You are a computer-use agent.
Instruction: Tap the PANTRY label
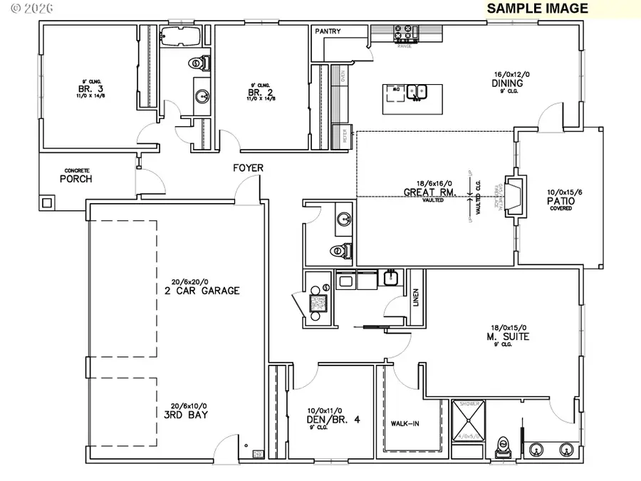[x=329, y=31]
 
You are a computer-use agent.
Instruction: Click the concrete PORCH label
[x=75, y=178]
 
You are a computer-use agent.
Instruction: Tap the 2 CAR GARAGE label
[x=199, y=290]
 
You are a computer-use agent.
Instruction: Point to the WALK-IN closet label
[x=405, y=424]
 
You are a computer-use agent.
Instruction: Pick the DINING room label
[x=507, y=83]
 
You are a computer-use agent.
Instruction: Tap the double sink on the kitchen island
[x=417, y=90]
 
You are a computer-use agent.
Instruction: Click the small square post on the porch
[x=48, y=202]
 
